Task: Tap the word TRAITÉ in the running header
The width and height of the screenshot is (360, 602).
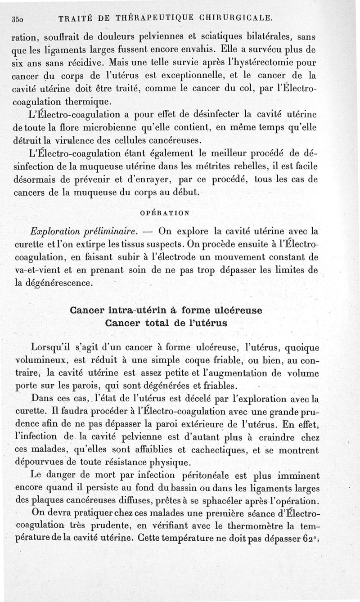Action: point(74,18)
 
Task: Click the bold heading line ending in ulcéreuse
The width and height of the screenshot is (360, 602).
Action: point(166,310)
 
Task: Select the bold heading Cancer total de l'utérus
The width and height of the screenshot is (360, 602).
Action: point(166,323)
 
